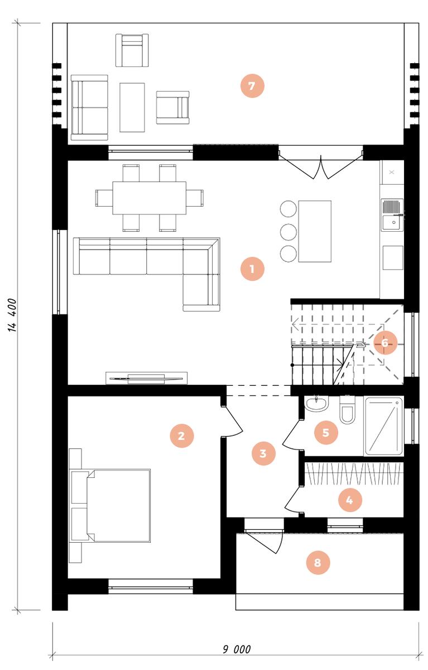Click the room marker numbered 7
(252, 86)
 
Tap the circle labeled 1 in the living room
(252, 269)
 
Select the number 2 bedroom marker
(182, 435)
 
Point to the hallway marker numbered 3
(263, 453)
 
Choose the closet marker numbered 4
(350, 500)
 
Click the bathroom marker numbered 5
(326, 432)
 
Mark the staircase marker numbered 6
(385, 342)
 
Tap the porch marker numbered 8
(318, 563)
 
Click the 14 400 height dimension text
(12, 315)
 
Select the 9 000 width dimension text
(237, 649)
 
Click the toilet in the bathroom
(347, 410)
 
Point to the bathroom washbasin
(316, 404)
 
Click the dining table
(149, 198)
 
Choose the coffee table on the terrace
(132, 107)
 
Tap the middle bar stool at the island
(288, 231)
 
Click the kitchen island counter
(315, 231)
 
